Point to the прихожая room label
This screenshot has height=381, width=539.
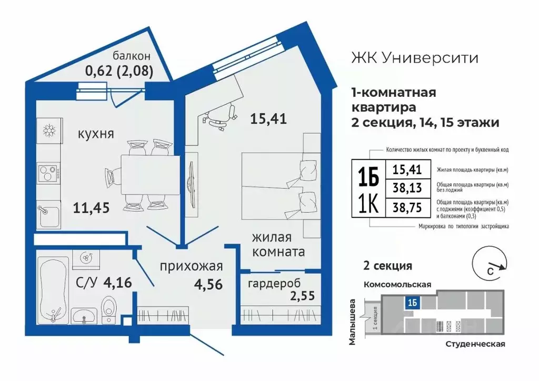click(x=192, y=266)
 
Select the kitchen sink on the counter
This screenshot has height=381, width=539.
click(x=49, y=216)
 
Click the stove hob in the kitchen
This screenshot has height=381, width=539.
click(x=49, y=173)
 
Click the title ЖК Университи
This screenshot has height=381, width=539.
click(x=415, y=57)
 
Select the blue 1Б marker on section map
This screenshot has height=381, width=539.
click(x=412, y=302)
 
